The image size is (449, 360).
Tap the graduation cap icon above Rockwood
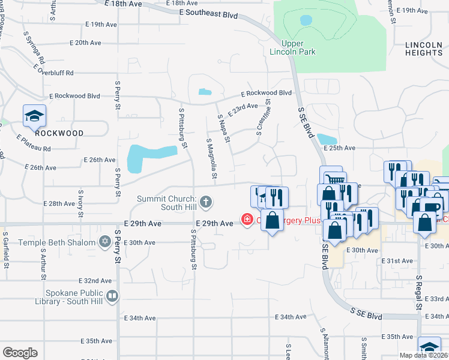[x=34, y=115]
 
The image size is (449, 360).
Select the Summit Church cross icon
[x=206, y=201]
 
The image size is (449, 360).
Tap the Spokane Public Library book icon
[x=112, y=296]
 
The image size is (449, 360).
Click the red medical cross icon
[x=247, y=220]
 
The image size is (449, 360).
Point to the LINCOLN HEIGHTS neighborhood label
[x=423, y=49]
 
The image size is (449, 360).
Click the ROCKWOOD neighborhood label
[x=58, y=133]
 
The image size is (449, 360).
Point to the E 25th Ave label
[x=340, y=148]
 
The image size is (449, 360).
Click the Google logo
[x=20, y=352]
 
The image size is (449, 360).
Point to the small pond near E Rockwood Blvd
[x=205, y=92]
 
